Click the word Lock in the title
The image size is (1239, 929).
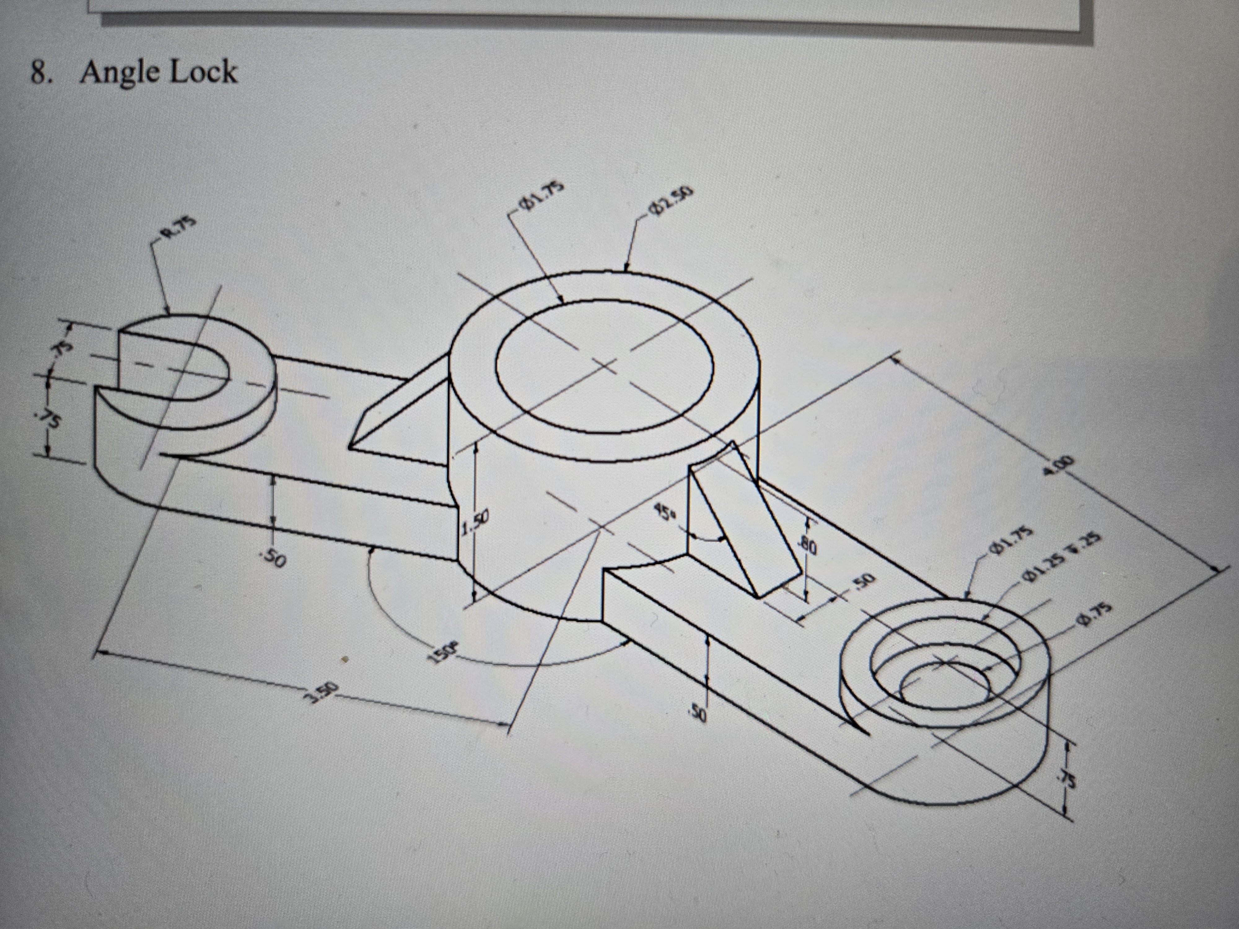coord(203,73)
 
